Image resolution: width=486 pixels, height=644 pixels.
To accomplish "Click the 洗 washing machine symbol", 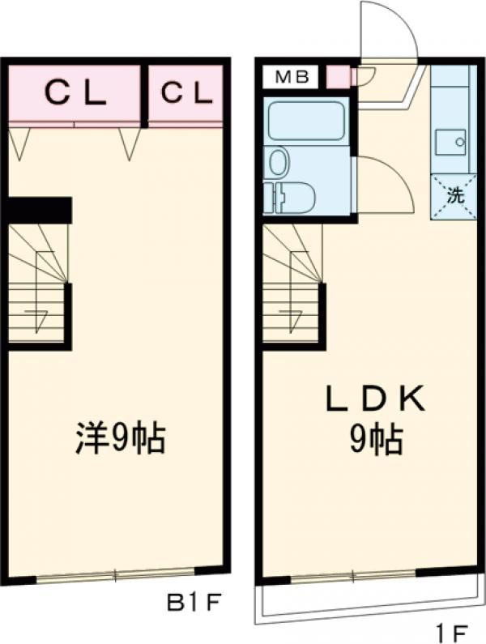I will tap(454, 195).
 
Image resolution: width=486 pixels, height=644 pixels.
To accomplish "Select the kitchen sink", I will tap(450, 143).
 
